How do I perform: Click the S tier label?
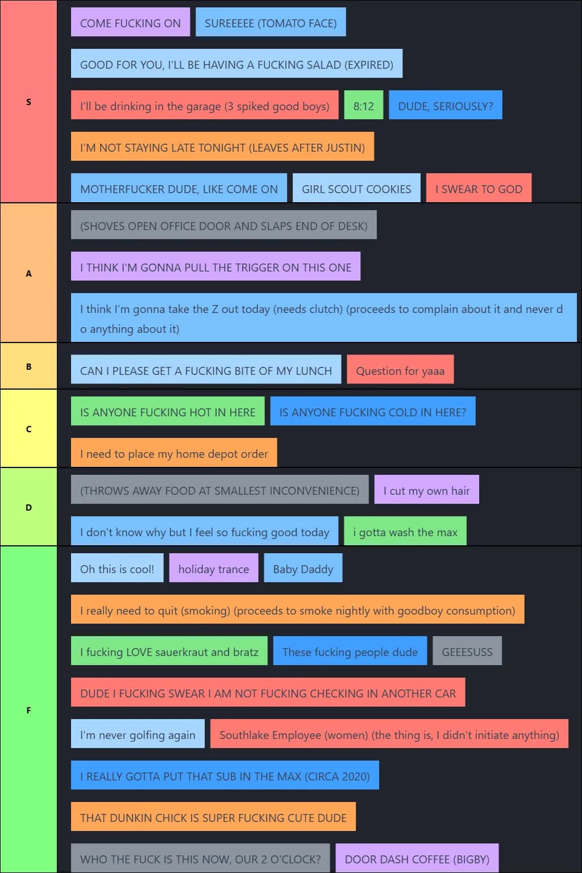(x=28, y=102)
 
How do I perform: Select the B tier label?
(x=28, y=366)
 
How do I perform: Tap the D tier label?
(x=28, y=507)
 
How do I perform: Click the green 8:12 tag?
(x=363, y=106)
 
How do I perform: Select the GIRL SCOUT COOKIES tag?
(x=356, y=189)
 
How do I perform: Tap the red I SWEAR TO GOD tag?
(x=479, y=189)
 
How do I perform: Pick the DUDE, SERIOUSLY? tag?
(x=445, y=106)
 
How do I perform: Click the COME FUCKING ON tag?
(x=130, y=23)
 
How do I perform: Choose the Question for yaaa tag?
(x=400, y=370)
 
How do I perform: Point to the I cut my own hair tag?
(x=426, y=490)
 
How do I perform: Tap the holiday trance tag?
(x=213, y=569)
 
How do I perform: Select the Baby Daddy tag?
(x=303, y=569)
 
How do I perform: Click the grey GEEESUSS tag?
(x=467, y=651)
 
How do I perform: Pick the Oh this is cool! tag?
(x=117, y=569)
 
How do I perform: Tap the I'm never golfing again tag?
(x=138, y=734)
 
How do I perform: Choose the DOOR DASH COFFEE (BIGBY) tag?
(x=417, y=859)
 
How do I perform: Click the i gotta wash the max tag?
(x=405, y=532)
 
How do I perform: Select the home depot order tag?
(x=174, y=453)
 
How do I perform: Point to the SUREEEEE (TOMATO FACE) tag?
(x=271, y=23)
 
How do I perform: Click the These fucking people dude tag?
(x=350, y=651)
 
